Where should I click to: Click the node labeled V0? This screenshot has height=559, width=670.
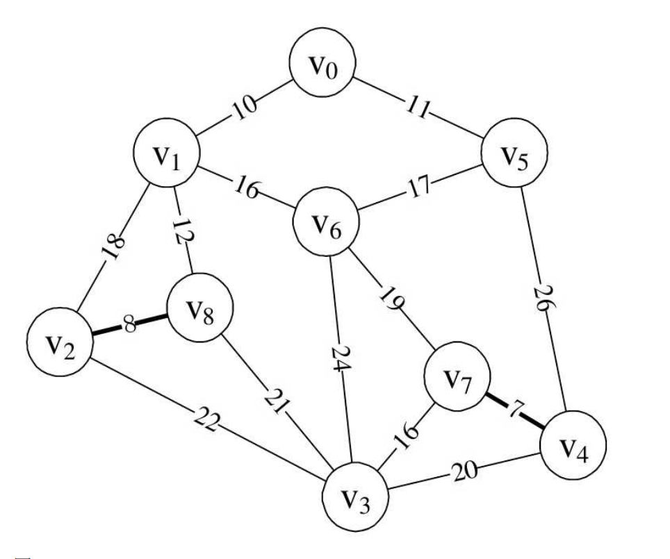tap(322, 62)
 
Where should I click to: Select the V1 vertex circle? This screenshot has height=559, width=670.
tap(167, 153)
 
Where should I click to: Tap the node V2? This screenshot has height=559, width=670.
tap(60, 342)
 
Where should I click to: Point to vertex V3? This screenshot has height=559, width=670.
tap(356, 497)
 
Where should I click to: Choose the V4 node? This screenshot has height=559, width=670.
tap(573, 445)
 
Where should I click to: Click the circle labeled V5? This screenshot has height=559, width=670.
tap(514, 153)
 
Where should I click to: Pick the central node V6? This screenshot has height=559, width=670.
tap(326, 222)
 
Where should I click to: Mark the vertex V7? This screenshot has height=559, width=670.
tap(457, 376)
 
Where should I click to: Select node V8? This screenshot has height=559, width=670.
tap(200, 308)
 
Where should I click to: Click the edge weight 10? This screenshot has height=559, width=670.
tap(245, 107)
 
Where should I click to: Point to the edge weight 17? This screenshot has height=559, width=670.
tap(418, 187)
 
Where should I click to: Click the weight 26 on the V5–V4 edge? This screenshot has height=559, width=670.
tap(544, 299)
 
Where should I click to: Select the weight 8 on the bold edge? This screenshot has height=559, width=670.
tap(129, 324)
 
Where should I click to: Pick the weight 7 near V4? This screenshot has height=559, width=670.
tap(515, 410)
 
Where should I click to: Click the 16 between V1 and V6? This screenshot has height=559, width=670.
tap(247, 188)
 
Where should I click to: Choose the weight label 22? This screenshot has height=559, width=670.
tap(207, 419)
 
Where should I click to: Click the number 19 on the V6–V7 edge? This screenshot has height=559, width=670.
tap(392, 299)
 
